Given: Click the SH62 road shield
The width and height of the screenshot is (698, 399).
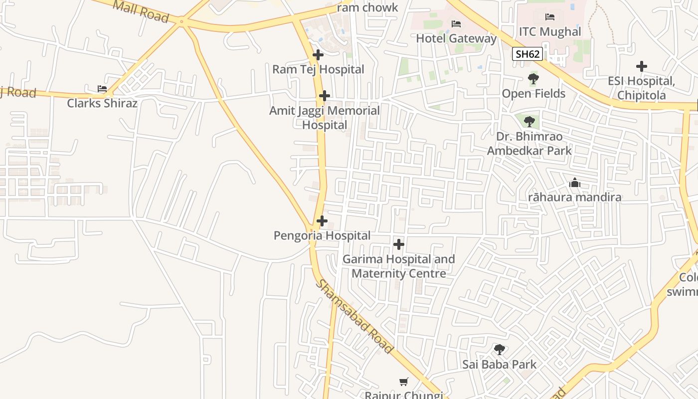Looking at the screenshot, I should (527, 54).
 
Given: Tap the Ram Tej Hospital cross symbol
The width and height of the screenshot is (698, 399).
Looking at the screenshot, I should (318, 55).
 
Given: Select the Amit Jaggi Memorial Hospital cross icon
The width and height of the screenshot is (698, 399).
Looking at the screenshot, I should (325, 96).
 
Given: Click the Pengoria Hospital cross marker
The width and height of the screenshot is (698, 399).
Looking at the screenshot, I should (322, 221).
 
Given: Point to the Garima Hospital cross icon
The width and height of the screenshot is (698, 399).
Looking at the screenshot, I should (399, 244).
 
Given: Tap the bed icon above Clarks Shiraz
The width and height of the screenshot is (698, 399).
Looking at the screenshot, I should (102, 89).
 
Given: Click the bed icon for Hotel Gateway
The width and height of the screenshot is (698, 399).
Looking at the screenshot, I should (456, 23).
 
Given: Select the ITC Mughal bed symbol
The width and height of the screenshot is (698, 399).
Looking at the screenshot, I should (550, 17).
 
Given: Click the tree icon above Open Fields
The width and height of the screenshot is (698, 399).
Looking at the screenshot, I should (533, 79).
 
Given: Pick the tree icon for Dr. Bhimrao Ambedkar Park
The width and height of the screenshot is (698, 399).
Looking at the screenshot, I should (529, 121).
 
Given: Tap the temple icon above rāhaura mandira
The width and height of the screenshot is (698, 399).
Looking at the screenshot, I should (575, 183).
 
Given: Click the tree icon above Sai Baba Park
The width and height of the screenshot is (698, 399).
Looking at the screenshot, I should (499, 350).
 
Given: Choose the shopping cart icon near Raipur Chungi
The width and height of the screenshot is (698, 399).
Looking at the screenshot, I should (404, 382).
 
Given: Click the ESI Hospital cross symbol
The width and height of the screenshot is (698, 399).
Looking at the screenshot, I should (642, 66).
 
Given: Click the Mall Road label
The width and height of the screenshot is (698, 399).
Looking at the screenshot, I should (141, 11).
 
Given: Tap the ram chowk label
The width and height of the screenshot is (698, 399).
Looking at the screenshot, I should (368, 7).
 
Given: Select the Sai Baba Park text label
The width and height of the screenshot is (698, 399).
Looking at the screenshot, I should (499, 365).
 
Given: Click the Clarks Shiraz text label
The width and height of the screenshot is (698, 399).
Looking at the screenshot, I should (102, 103).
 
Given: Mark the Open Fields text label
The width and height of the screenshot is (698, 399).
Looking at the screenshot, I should (533, 94).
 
